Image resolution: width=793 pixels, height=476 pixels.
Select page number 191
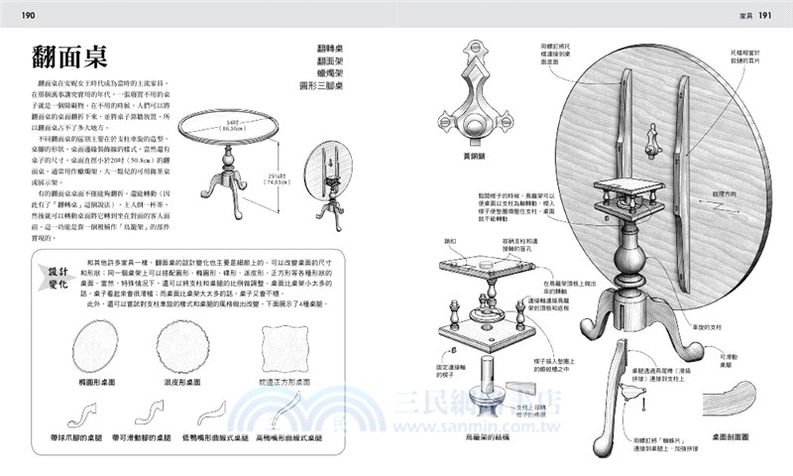pyautogui.click(x=773, y=14)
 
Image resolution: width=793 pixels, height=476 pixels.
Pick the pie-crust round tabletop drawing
pyautogui.click(x=183, y=348)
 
